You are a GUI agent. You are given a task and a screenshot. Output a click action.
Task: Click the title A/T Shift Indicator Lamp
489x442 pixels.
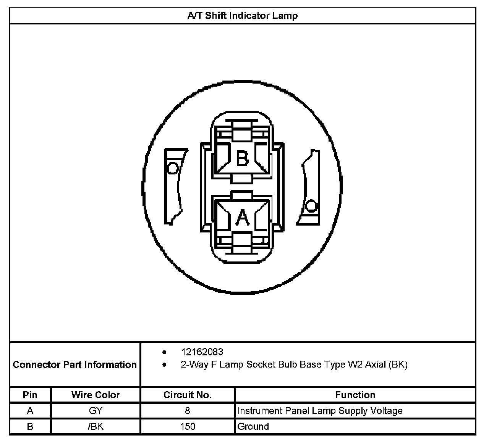(x=242, y=16)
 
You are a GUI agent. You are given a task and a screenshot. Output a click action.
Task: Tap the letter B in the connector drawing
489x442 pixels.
(x=242, y=158)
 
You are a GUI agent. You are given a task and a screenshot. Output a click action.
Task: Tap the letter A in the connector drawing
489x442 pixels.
(x=242, y=218)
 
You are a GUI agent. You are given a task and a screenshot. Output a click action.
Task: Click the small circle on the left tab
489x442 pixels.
(x=173, y=168)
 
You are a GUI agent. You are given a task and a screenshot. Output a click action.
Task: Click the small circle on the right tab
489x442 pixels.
(x=312, y=206)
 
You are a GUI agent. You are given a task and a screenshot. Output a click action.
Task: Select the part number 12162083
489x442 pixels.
(x=202, y=352)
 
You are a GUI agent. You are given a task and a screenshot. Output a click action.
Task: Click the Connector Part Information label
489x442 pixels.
(x=75, y=365)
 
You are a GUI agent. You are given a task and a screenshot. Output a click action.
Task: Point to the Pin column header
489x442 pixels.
(x=30, y=395)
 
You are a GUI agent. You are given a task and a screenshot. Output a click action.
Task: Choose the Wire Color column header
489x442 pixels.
(x=96, y=395)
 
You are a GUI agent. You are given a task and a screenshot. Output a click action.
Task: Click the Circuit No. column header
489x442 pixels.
(x=188, y=395)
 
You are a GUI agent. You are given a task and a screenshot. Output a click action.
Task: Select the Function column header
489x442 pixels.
(x=355, y=395)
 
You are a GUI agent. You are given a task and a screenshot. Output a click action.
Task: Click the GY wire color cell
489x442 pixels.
(x=96, y=411)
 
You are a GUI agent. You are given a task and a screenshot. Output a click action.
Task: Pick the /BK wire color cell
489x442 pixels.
(x=96, y=426)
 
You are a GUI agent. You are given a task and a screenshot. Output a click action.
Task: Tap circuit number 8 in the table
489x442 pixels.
(x=188, y=411)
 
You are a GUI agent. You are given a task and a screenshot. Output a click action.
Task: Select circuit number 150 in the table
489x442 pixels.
(x=188, y=426)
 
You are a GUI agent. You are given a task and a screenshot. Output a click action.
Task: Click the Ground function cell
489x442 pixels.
(x=253, y=426)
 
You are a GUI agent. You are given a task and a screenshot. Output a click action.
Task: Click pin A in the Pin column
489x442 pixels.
(x=30, y=411)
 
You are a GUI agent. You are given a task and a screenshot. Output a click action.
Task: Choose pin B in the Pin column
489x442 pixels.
(x=30, y=426)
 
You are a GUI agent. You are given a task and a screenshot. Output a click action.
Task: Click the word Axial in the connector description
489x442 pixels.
(x=375, y=365)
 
